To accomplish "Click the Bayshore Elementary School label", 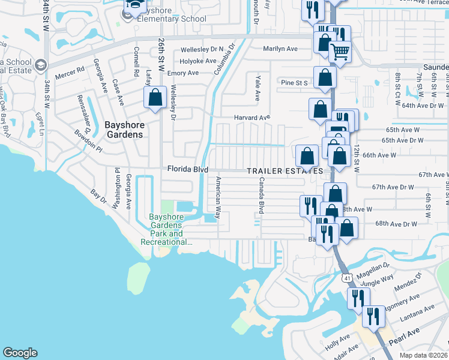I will coord(163,14).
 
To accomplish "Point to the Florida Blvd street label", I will coord(187,170).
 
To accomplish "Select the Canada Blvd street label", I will coord(261,196).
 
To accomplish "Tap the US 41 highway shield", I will coord(348,278).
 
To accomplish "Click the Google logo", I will coord(20,352).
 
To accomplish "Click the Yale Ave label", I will coord(258,88).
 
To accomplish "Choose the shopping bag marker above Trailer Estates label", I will coord(307,156).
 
